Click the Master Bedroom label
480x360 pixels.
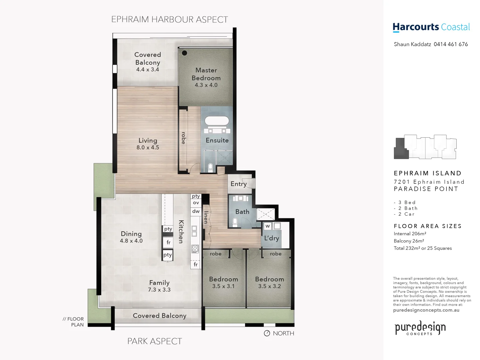pyautogui.click(x=206, y=74)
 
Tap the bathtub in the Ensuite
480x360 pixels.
pyautogui.click(x=217, y=121)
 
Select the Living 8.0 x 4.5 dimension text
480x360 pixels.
pyautogui.click(x=148, y=147)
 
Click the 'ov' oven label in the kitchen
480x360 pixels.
pyautogui.click(x=196, y=203)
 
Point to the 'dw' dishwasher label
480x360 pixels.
pyautogui.click(x=196, y=211)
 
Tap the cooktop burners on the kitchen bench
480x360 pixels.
pyautogui.click(x=195, y=248)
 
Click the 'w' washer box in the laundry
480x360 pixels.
pyautogui.click(x=267, y=226)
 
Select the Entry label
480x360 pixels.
pyautogui.click(x=239, y=184)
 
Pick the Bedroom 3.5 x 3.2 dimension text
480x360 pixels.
pyautogui.click(x=269, y=286)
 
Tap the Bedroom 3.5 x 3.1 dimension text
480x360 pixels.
pyautogui.click(x=223, y=286)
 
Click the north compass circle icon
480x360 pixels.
pyautogui.click(x=267, y=333)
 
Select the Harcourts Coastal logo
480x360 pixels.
pyautogui.click(x=431, y=27)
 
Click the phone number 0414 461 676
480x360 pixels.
pyautogui.click(x=451, y=44)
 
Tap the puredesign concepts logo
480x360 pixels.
pyautogui.click(x=420, y=328)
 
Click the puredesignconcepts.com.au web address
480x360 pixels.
pyautogui.click(x=426, y=310)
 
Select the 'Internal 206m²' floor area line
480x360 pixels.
pyautogui.click(x=410, y=234)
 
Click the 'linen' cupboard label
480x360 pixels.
pyautogui.click(x=206, y=217)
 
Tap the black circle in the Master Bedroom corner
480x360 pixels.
pyautogui.click(x=184, y=53)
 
